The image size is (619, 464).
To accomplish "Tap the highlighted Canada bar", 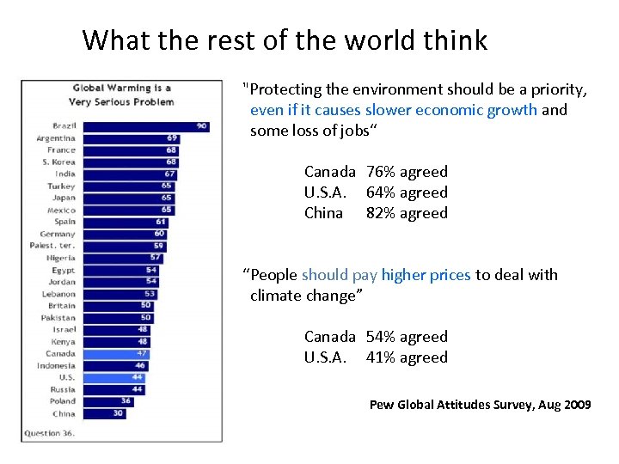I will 113,353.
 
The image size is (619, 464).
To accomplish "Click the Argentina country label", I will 56,138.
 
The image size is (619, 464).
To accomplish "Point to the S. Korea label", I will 58,162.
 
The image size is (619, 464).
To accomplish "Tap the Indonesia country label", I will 56,365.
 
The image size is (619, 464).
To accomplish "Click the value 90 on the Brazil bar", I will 201,126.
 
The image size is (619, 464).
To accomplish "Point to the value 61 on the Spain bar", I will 161,222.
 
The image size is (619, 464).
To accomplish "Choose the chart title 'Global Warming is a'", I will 121,88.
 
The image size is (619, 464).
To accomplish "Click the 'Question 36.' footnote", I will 49,433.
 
